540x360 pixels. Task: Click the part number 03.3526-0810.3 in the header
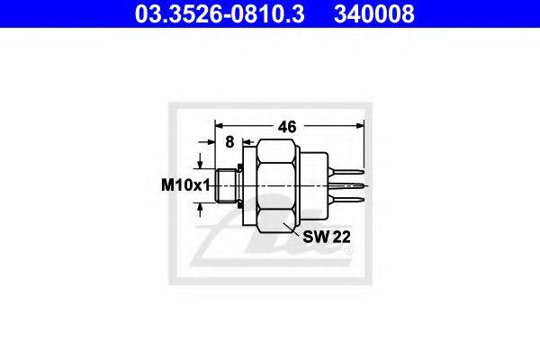(220, 13)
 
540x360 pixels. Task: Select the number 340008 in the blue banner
(374, 13)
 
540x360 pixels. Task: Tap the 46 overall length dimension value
(287, 127)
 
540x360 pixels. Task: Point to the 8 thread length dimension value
(229, 141)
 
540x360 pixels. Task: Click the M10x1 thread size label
(185, 186)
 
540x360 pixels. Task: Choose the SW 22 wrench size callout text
(327, 237)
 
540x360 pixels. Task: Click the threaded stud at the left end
(226, 185)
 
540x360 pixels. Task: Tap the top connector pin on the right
(346, 171)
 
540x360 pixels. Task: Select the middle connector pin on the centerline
(346, 185)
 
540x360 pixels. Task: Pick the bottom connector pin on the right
(346, 200)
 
